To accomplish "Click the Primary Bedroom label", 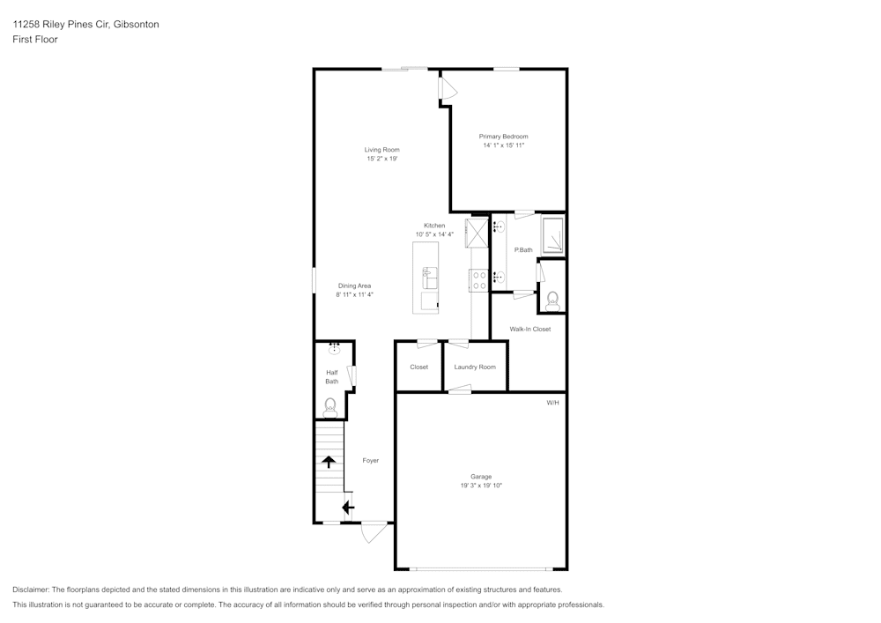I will (503, 137).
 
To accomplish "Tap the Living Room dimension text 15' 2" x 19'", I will (382, 159).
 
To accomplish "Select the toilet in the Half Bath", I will (330, 406).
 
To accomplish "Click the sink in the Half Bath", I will (335, 348).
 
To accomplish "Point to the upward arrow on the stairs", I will (329, 462).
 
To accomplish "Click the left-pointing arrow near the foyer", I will (347, 507).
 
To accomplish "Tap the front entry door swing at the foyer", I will (374, 531).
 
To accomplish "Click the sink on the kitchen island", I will (428, 278).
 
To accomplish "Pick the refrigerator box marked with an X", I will (477, 233).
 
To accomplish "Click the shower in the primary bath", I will (552, 235).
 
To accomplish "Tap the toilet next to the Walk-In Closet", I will (552, 300).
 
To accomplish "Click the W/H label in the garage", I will (552, 403).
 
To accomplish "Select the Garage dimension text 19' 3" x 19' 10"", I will (481, 486).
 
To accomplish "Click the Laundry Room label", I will (475, 367).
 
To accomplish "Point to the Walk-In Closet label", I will (529, 329).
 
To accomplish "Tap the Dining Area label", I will (354, 286).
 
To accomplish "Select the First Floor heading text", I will (35, 40).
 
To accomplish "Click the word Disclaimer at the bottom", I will (31, 590).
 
